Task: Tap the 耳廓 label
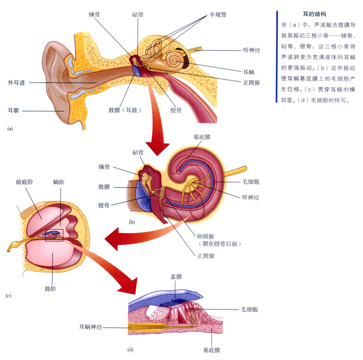pos(13,111)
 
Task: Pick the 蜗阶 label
pos(59,182)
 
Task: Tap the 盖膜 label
pos(176,277)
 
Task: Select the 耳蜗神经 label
pos(91,327)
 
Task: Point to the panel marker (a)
pos(10,129)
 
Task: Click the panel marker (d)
pos(130,350)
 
